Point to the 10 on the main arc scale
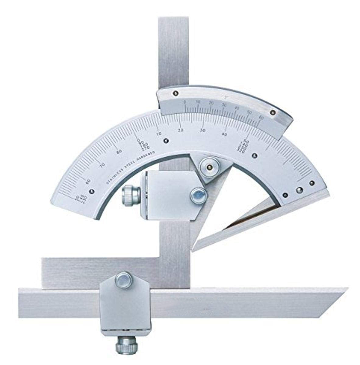[x=159, y=134]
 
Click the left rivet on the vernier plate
[x=176, y=93]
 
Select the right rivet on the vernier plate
[x=273, y=113]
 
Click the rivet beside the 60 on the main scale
[x=92, y=191]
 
